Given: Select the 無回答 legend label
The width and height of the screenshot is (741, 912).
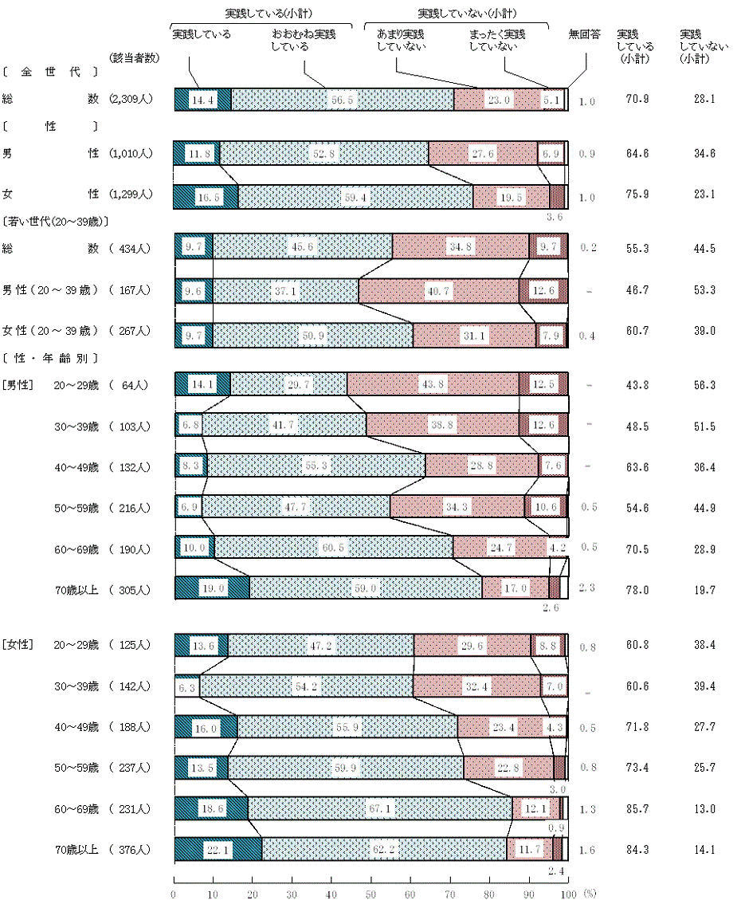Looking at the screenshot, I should click(583, 35).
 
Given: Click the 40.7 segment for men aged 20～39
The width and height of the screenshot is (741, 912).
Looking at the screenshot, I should click(437, 292).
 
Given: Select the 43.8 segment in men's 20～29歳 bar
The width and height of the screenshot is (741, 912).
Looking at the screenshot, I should click(432, 384).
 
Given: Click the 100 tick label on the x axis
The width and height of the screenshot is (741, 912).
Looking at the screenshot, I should click(567, 895).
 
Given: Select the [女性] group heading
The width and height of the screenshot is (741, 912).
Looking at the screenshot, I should click(17, 644).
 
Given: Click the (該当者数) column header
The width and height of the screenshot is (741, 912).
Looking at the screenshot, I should click(135, 57).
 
